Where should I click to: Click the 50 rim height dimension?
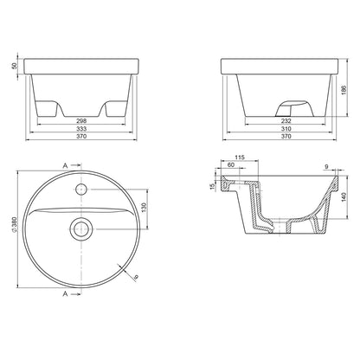pos(15,66)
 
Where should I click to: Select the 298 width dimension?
pos(82,121)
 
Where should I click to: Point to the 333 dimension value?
pos(82,129)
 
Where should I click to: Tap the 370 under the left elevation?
pos(82,136)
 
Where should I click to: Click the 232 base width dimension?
pos(286,121)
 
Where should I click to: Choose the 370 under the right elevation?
pos(286,136)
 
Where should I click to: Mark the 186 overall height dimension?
pos(344,90)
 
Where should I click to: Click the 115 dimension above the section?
pos(240,157)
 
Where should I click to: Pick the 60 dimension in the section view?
pos(231,164)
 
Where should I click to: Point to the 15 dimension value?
pos(213,186)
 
